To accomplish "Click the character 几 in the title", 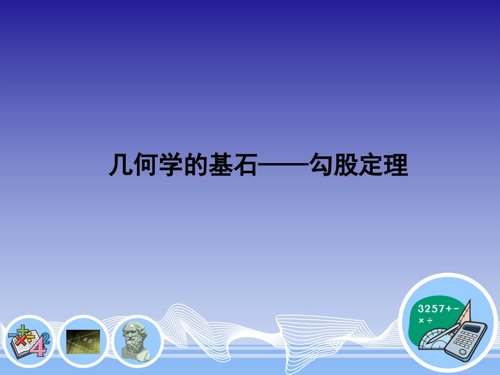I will coord(121,166).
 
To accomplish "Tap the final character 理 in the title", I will coord(396,166).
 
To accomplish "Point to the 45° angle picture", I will coord(83,341).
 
